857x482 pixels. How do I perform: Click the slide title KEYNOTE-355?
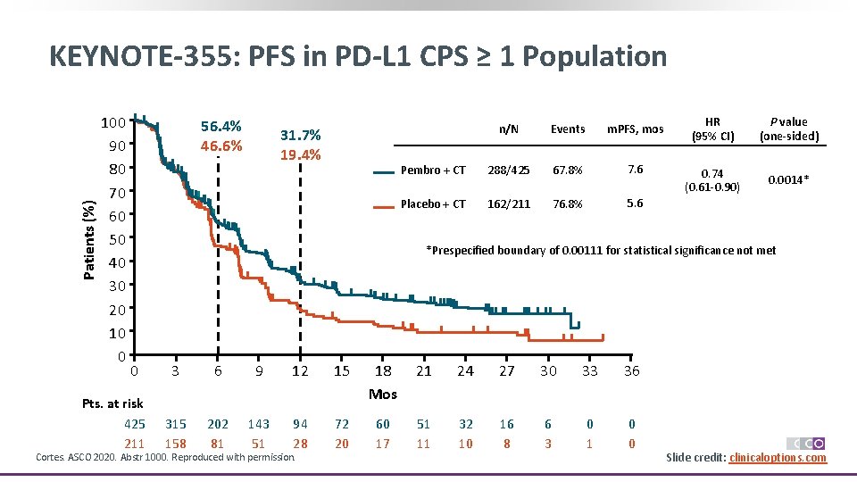point(357,56)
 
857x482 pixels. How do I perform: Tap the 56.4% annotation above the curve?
point(220,127)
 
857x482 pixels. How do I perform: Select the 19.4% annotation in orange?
point(300,154)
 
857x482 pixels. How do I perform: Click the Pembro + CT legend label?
point(433,170)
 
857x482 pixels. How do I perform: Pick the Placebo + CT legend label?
point(433,204)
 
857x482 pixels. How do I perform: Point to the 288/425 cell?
point(508,170)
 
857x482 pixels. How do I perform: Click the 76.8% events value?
point(567,204)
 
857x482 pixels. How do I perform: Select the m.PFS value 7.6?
point(635,170)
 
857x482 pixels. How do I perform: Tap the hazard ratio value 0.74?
point(711,173)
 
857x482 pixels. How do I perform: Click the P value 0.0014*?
point(789,180)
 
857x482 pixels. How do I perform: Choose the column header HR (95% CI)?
point(712,129)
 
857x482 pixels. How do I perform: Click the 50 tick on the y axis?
point(116,239)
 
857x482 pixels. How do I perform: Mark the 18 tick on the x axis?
point(383,371)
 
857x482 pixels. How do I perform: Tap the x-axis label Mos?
point(383,394)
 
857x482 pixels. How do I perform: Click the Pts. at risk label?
point(112,403)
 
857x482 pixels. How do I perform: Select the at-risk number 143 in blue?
point(258,424)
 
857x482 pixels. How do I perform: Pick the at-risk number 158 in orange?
point(176,443)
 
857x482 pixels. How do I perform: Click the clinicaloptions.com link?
point(778,458)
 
